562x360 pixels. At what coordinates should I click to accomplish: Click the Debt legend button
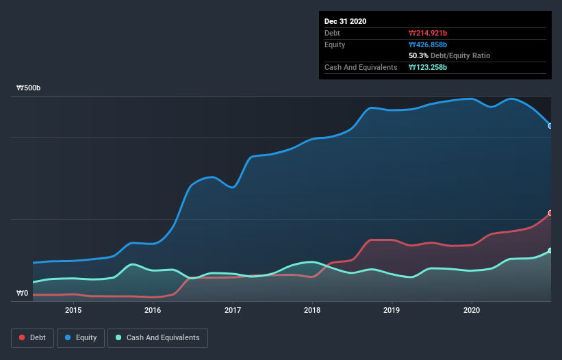32,337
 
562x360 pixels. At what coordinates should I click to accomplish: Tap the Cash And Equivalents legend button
157,337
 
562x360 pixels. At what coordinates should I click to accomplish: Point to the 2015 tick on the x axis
73,310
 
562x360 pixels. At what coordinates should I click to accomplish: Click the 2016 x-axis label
153,310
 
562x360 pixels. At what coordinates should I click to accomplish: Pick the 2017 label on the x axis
233,310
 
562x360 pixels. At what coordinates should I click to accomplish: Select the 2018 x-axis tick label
312,310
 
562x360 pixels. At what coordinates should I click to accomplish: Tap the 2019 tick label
392,310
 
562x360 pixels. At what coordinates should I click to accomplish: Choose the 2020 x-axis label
472,310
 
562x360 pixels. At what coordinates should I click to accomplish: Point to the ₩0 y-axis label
23,294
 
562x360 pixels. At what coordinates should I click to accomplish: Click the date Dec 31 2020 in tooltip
346,21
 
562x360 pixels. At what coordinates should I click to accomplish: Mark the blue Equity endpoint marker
550,126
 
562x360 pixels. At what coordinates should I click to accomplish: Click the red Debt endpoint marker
550,214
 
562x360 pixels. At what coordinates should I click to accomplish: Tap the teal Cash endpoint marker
550,251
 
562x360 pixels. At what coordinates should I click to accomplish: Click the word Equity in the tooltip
335,44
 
